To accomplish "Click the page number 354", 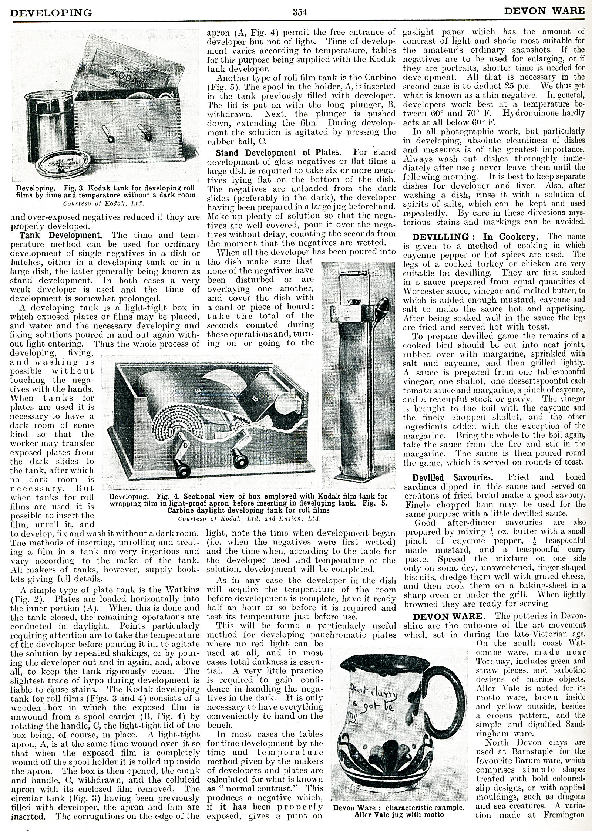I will pyautogui.click(x=300, y=12).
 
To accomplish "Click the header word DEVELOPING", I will pyautogui.click(x=51, y=13).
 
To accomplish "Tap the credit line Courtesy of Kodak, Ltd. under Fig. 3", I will pyautogui.click(x=103, y=203).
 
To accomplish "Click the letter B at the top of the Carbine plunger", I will pyautogui.click(x=377, y=273).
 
